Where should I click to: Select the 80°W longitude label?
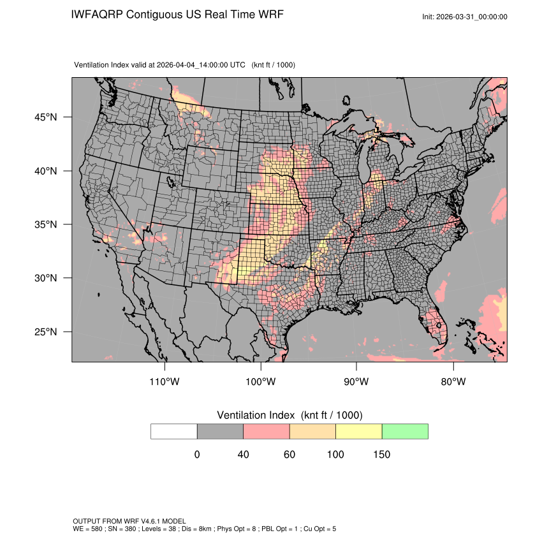[x=453, y=382]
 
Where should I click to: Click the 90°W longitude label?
[x=356, y=382]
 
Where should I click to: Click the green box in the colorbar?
[x=405, y=431]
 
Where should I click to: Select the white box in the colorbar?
[x=174, y=431]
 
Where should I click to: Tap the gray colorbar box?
[x=220, y=431]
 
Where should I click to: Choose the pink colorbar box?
[x=267, y=431]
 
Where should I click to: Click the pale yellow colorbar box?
[x=358, y=431]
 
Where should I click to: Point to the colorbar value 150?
[x=382, y=455]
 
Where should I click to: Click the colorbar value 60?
[x=289, y=455]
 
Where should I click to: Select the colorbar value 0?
[x=197, y=455]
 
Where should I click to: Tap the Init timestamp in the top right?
[x=465, y=17]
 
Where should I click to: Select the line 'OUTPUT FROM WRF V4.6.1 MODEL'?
[x=129, y=522]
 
